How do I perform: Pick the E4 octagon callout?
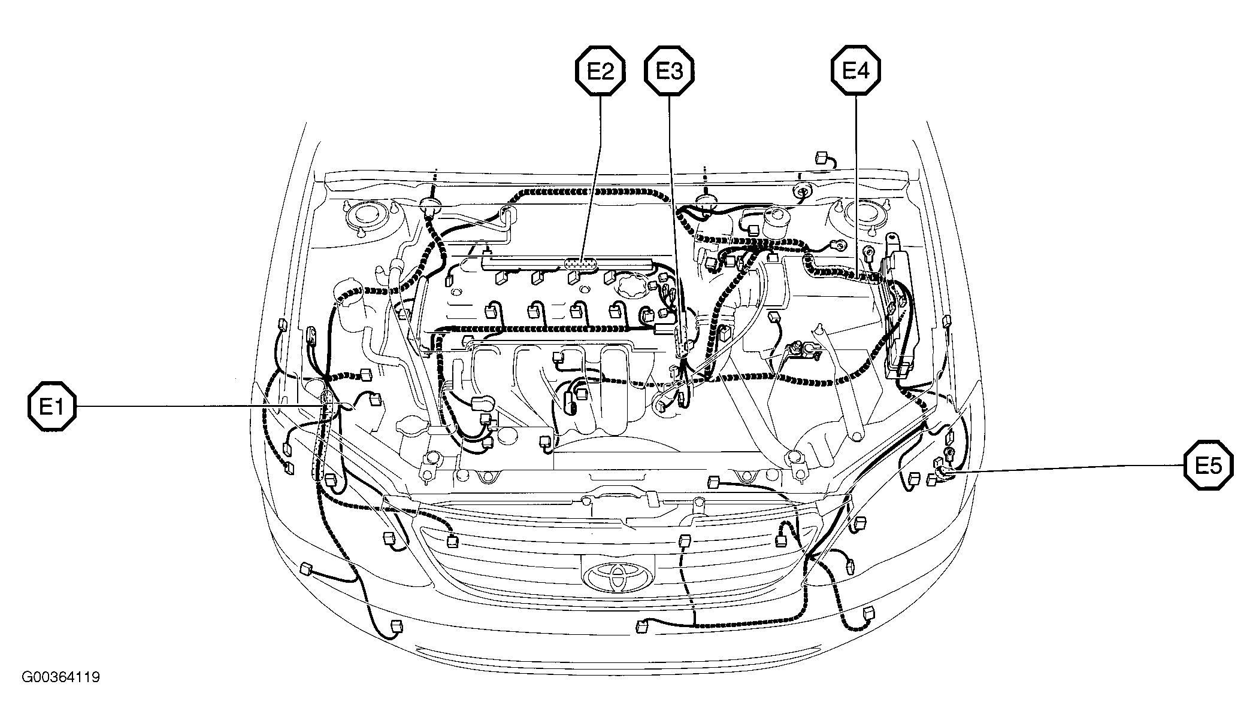pos(855,71)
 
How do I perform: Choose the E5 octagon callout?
pos(1209,466)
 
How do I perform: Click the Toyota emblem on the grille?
pos(618,577)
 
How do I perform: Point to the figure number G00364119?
pos(61,677)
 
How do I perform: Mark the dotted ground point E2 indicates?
pos(581,263)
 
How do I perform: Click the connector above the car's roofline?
pos(822,159)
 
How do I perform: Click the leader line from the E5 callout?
pos(1068,469)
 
